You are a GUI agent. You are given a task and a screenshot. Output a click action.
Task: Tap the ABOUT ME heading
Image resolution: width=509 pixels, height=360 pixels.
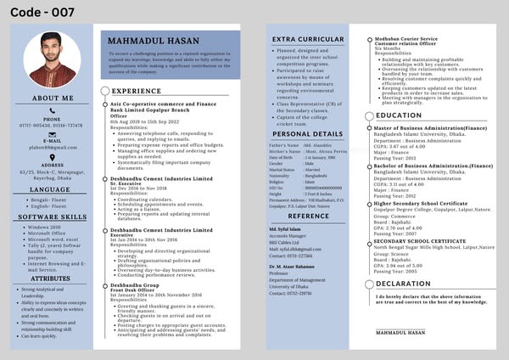coord(53,98)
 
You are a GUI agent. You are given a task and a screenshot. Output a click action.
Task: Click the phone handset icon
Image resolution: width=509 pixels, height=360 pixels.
coord(53,110)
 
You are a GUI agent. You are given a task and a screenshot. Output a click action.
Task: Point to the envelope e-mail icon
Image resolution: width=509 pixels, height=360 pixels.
coord(53,134)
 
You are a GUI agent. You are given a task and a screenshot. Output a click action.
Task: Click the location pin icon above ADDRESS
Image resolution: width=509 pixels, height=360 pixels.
coord(53,157)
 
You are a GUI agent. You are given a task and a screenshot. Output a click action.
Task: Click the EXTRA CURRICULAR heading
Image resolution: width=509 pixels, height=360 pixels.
coord(308,39)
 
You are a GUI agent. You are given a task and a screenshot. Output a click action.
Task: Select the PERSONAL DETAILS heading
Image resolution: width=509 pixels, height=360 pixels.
coord(308,133)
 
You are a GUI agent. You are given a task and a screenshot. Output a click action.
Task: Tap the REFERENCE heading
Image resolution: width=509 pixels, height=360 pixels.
coord(308,216)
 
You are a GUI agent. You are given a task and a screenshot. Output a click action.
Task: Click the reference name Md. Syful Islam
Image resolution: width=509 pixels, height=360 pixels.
coord(286,229)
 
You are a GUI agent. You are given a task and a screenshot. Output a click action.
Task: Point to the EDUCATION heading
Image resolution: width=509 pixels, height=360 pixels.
coord(399,115)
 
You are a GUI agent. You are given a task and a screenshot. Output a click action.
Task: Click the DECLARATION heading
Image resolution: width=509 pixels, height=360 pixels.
coord(403,284)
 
